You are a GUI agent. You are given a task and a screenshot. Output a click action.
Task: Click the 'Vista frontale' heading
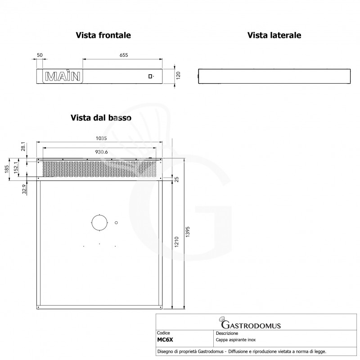coord(103,35)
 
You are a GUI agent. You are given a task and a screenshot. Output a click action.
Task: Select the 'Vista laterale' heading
coord(274,35)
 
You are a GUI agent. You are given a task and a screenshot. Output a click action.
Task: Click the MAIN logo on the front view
coord(63,76)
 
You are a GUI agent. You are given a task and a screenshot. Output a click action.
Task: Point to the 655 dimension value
coord(124,55)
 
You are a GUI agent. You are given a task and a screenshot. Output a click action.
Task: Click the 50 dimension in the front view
coord(40,55)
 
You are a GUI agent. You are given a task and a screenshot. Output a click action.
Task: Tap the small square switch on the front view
coord(151,76)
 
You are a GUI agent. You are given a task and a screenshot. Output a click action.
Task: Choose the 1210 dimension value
coord(177,243)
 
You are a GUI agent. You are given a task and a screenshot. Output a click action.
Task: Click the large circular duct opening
coord(99,222)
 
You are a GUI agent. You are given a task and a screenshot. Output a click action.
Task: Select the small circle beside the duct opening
coord(116,222)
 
